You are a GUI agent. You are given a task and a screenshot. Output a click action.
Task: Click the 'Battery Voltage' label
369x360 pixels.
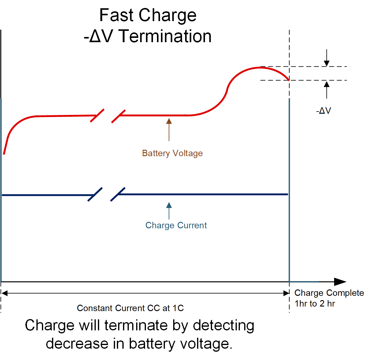pyautogui.click(x=172, y=153)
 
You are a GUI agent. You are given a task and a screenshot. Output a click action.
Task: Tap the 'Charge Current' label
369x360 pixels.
pyautogui.click(x=176, y=225)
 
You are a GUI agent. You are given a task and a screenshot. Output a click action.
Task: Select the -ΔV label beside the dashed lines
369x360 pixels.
pyautogui.click(x=323, y=111)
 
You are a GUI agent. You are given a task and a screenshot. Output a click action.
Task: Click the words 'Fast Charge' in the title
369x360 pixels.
pyautogui.click(x=148, y=15)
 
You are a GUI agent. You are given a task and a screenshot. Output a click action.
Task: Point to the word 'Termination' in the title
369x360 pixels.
pyautogui.click(x=165, y=36)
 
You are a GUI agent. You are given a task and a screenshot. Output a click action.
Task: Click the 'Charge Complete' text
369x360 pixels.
pyautogui.click(x=329, y=293)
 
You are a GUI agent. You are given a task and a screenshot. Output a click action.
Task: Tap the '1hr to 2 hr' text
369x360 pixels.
pyautogui.click(x=315, y=303)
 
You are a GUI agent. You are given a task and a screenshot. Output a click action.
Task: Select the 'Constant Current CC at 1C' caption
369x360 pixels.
pyautogui.click(x=130, y=308)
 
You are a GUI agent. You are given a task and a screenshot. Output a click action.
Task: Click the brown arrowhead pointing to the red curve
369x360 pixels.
pyautogui.click(x=169, y=121)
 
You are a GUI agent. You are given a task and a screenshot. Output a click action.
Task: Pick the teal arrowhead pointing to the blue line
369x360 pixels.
pyautogui.click(x=169, y=205)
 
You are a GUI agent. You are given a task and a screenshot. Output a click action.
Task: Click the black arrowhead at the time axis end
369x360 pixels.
pyautogui.click(x=340, y=281)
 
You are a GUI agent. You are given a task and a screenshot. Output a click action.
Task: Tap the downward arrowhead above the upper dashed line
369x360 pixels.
pyautogui.click(x=327, y=63)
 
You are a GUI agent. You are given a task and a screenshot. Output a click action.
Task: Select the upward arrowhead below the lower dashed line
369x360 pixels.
pyautogui.click(x=327, y=84)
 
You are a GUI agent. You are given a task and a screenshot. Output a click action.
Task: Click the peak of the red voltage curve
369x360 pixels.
pyautogui.click(x=260, y=68)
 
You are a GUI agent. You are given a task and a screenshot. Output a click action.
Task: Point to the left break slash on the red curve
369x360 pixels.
pyautogui.click(x=97, y=116)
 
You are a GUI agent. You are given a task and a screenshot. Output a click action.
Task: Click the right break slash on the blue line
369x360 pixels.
pyautogui.click(x=118, y=194)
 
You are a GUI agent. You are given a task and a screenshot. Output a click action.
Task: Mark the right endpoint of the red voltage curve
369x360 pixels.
pyautogui.click(x=289, y=80)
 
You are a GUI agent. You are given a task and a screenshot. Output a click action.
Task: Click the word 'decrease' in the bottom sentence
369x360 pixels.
pyautogui.click(x=77, y=343)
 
